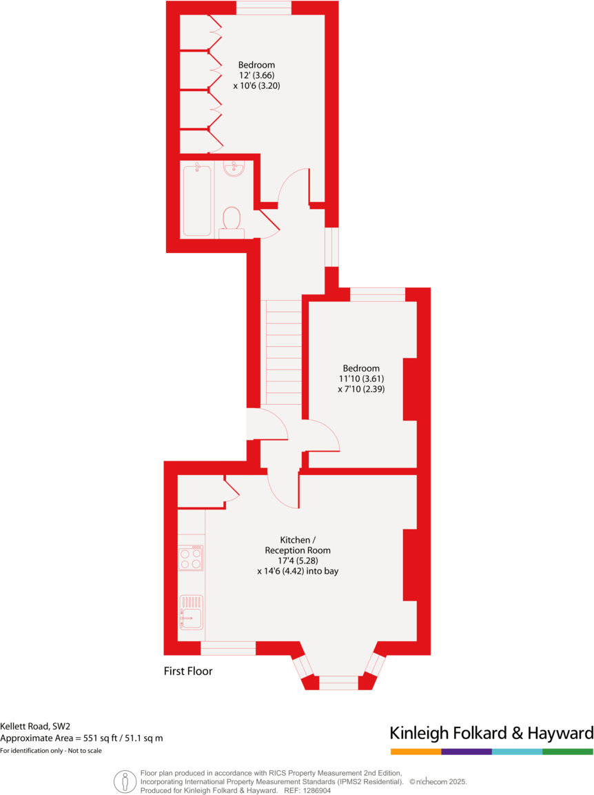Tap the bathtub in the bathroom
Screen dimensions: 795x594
click(197, 199)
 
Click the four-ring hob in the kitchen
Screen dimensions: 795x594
click(191, 558)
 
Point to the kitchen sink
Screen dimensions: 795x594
click(191, 612)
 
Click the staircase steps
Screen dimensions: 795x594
click(283, 352)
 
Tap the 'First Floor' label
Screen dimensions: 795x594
click(188, 671)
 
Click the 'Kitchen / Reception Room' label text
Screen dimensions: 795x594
click(298, 545)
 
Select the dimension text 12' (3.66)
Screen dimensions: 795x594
click(256, 76)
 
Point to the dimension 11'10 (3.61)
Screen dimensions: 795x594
click(360, 379)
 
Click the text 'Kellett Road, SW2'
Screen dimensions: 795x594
click(35, 726)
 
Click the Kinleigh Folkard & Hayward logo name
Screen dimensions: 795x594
click(491, 732)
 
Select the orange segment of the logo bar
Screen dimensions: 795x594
click(416, 751)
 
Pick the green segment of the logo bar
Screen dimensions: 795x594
click(568, 751)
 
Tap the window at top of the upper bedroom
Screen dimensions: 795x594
click(264, 7)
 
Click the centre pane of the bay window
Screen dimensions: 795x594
click(339, 682)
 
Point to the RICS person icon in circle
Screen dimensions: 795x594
click(125, 781)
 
